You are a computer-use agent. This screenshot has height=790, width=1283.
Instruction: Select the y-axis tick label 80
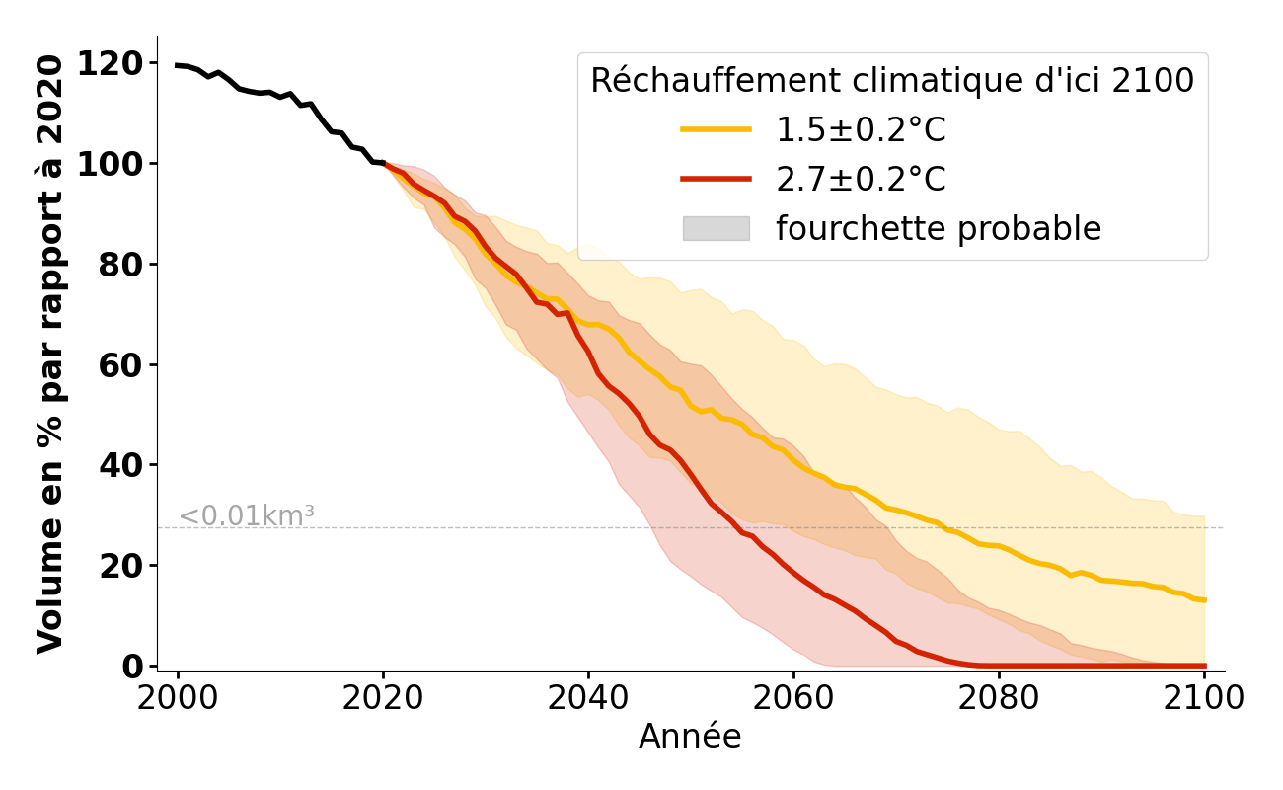point(120,265)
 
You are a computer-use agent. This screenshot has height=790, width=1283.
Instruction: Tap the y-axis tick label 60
point(120,365)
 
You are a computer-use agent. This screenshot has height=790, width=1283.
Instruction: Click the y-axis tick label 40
point(120,465)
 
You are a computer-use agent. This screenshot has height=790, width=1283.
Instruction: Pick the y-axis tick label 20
point(120,566)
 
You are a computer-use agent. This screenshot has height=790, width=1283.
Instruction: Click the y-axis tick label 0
point(133,667)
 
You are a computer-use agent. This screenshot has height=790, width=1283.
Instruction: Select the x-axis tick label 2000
point(178,697)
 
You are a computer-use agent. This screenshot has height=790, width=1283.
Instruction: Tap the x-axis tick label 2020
point(383,697)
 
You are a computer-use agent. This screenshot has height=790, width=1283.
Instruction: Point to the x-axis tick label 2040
point(588,697)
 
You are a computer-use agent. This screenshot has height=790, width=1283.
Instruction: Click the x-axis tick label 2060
point(793,697)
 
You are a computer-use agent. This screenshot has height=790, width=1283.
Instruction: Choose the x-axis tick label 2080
point(999,697)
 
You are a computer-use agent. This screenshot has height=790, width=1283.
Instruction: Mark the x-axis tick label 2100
point(1204,697)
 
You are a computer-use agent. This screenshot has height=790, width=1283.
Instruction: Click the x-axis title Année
point(690,737)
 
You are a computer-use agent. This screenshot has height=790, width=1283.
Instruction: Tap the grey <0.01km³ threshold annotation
point(247,515)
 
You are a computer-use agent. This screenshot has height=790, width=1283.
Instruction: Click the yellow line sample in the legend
point(716,129)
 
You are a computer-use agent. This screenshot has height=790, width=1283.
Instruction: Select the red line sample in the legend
point(716,179)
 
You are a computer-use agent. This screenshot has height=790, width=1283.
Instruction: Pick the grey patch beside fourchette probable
point(716,228)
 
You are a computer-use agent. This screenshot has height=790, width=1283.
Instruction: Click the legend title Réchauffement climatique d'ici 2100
point(892,80)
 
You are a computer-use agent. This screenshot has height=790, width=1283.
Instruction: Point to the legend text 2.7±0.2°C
point(861,179)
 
